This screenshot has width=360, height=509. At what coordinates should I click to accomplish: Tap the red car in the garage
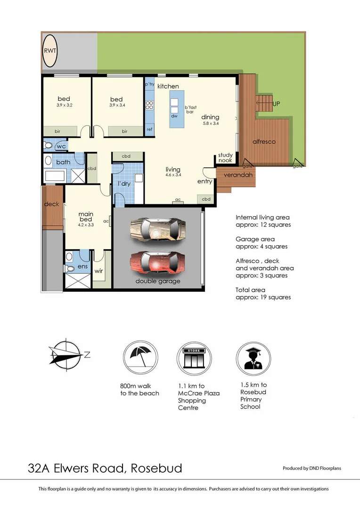[158, 262]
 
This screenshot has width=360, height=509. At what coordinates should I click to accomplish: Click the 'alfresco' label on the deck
[264, 141]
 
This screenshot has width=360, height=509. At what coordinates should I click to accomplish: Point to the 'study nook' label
[225, 157]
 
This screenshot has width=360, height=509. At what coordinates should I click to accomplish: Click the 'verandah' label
[238, 175]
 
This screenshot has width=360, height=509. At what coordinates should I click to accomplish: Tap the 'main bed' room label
[86, 217]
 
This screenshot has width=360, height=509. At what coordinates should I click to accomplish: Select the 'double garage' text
[158, 281]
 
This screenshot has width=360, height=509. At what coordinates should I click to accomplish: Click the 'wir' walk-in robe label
[99, 271]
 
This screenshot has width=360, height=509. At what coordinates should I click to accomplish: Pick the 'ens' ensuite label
[82, 267]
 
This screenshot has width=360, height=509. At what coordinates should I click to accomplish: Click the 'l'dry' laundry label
[123, 183]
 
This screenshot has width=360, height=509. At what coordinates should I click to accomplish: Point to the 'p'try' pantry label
[149, 84]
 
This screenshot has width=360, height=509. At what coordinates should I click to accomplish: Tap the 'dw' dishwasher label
[174, 115]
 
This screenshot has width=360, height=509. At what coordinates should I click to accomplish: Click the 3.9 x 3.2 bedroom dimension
[64, 105]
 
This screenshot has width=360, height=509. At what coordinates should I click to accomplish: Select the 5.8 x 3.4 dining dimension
[210, 123]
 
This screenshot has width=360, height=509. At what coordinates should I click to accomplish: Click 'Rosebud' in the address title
[156, 468]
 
